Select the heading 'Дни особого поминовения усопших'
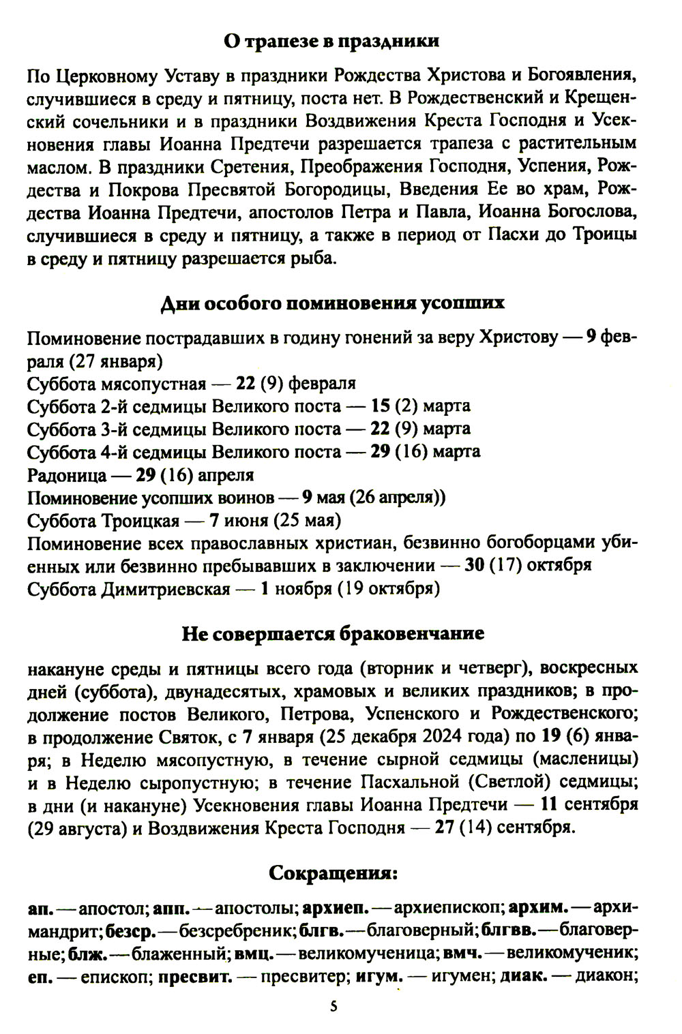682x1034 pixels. click(x=332, y=303)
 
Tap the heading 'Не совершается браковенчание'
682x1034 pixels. click(x=333, y=633)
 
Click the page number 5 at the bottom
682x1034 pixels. click(x=333, y=1006)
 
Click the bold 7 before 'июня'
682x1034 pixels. click(x=214, y=521)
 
